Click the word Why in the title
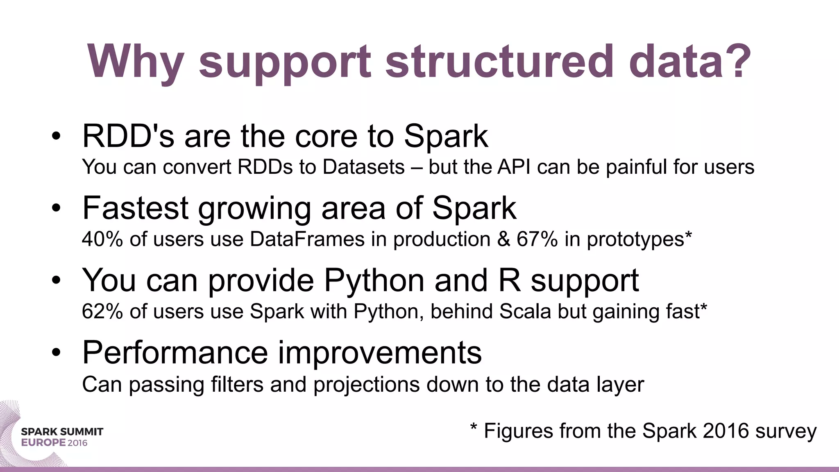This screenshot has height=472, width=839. point(135,62)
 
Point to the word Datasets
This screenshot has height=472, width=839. point(363,167)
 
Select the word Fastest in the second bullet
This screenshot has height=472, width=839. point(135,208)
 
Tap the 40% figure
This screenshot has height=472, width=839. point(102,239)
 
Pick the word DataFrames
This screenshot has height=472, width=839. point(307,239)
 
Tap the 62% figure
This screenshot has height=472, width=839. point(102,311)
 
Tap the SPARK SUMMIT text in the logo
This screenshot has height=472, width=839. point(62,431)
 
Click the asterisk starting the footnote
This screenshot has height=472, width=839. point(474,427)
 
